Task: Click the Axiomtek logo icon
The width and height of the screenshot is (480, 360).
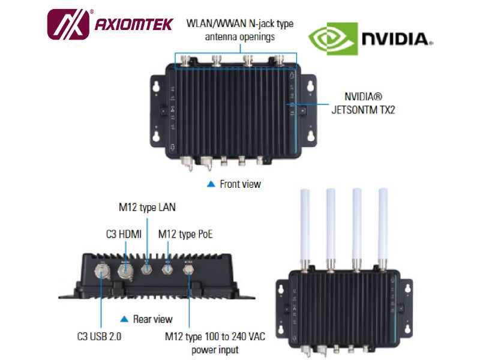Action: [68, 25]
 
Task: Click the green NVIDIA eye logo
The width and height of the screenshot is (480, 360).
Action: [333, 38]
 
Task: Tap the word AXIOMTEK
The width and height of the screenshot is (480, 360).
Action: [134, 25]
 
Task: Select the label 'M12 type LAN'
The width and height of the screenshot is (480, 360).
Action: [147, 208]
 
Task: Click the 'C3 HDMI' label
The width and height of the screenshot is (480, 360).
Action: [124, 235]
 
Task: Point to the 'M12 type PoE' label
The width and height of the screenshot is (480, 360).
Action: [185, 235]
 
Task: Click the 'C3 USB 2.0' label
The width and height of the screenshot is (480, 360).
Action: [99, 337]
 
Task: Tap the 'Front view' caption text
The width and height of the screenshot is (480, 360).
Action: [241, 184]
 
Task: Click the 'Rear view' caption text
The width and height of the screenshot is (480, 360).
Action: [153, 319]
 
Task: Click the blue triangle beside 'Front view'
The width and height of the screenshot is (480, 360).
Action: [211, 184]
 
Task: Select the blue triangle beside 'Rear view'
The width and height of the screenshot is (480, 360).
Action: [124, 319]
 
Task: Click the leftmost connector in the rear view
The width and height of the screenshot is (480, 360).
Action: [100, 271]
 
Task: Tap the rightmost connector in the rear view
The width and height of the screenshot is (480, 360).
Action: [188, 269]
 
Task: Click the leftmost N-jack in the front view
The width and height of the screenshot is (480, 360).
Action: [186, 60]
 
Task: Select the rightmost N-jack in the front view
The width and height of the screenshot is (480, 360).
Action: [279, 61]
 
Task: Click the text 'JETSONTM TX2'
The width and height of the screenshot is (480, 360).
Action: [364, 110]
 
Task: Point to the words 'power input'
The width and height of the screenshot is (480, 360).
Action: [215, 350]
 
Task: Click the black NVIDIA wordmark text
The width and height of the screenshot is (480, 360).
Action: [396, 39]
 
